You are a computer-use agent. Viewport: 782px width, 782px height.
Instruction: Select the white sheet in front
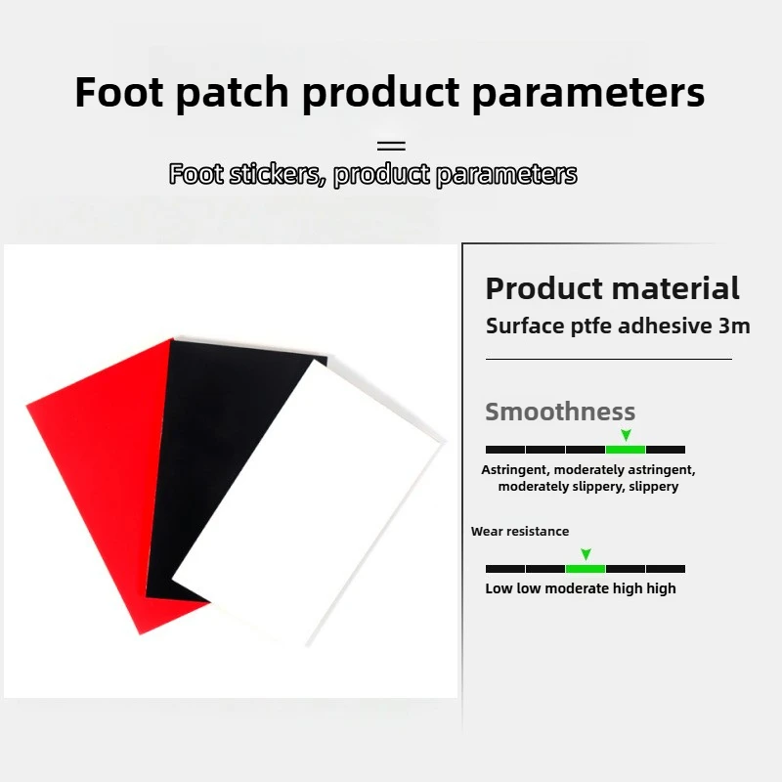(x=313, y=508)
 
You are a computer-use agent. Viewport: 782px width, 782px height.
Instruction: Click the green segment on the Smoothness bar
(x=626, y=450)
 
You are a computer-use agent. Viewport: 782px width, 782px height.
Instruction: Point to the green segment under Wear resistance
(x=585, y=568)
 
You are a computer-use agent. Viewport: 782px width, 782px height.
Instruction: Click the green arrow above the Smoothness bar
(x=626, y=435)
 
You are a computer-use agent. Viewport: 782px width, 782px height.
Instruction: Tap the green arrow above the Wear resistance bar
(x=585, y=554)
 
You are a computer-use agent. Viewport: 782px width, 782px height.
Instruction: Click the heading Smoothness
(x=560, y=412)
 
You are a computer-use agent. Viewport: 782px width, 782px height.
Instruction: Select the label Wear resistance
(x=520, y=532)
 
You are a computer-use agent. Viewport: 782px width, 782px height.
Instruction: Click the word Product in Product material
(x=543, y=288)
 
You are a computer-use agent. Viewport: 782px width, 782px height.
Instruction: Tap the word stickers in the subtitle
(x=273, y=175)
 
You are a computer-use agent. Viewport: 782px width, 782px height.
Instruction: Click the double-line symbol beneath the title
(x=391, y=146)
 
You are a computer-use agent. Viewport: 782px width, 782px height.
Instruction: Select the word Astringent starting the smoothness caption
(x=515, y=470)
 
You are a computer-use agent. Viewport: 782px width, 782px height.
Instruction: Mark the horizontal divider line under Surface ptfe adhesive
(x=608, y=359)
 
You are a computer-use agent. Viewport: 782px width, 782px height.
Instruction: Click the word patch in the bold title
(x=235, y=93)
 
